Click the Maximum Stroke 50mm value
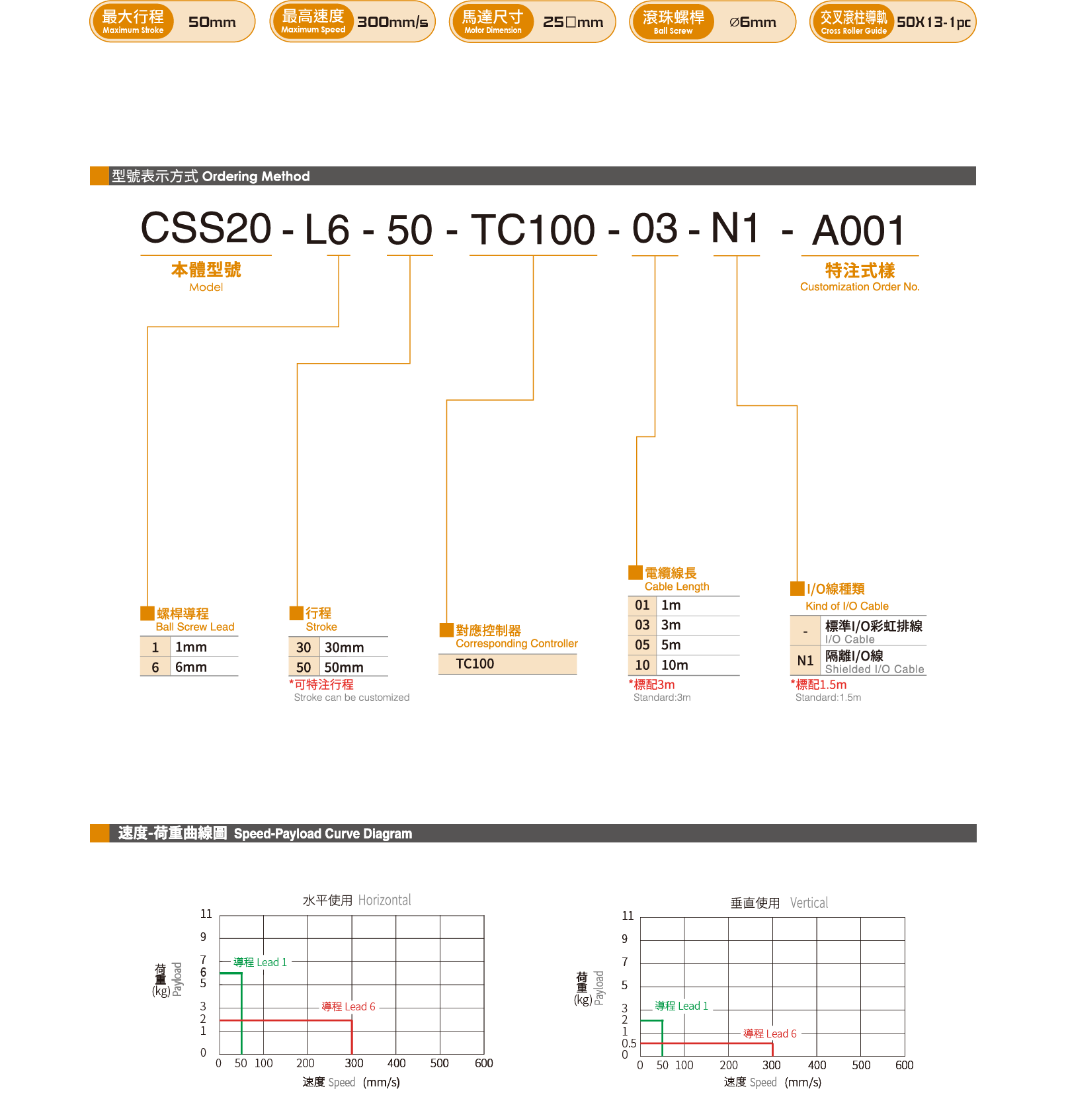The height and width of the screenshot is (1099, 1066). (x=212, y=22)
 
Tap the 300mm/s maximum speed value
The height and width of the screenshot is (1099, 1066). (x=392, y=22)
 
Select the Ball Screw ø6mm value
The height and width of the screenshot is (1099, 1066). (x=753, y=22)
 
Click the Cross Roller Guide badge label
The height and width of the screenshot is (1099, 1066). (x=853, y=22)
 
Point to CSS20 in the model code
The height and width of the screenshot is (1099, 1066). (x=206, y=228)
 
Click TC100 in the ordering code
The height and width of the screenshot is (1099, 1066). (x=532, y=230)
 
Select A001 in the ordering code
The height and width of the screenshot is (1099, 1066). (x=858, y=231)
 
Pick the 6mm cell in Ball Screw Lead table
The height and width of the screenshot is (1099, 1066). (x=190, y=667)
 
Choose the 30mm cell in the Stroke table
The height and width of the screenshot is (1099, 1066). (x=344, y=647)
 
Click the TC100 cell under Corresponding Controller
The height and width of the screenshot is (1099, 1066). (x=475, y=664)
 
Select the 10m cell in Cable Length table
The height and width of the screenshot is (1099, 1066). (x=675, y=665)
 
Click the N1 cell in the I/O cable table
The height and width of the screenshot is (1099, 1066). (x=805, y=661)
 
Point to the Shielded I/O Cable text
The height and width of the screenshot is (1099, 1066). (x=874, y=669)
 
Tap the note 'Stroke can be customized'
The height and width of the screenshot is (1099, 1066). (x=351, y=698)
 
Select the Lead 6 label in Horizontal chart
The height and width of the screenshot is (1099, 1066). (x=348, y=1006)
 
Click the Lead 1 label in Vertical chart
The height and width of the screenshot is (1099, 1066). (x=681, y=1006)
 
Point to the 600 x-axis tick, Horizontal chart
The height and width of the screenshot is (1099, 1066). (x=484, y=1063)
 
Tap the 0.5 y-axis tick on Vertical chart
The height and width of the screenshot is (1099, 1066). (x=629, y=1043)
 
